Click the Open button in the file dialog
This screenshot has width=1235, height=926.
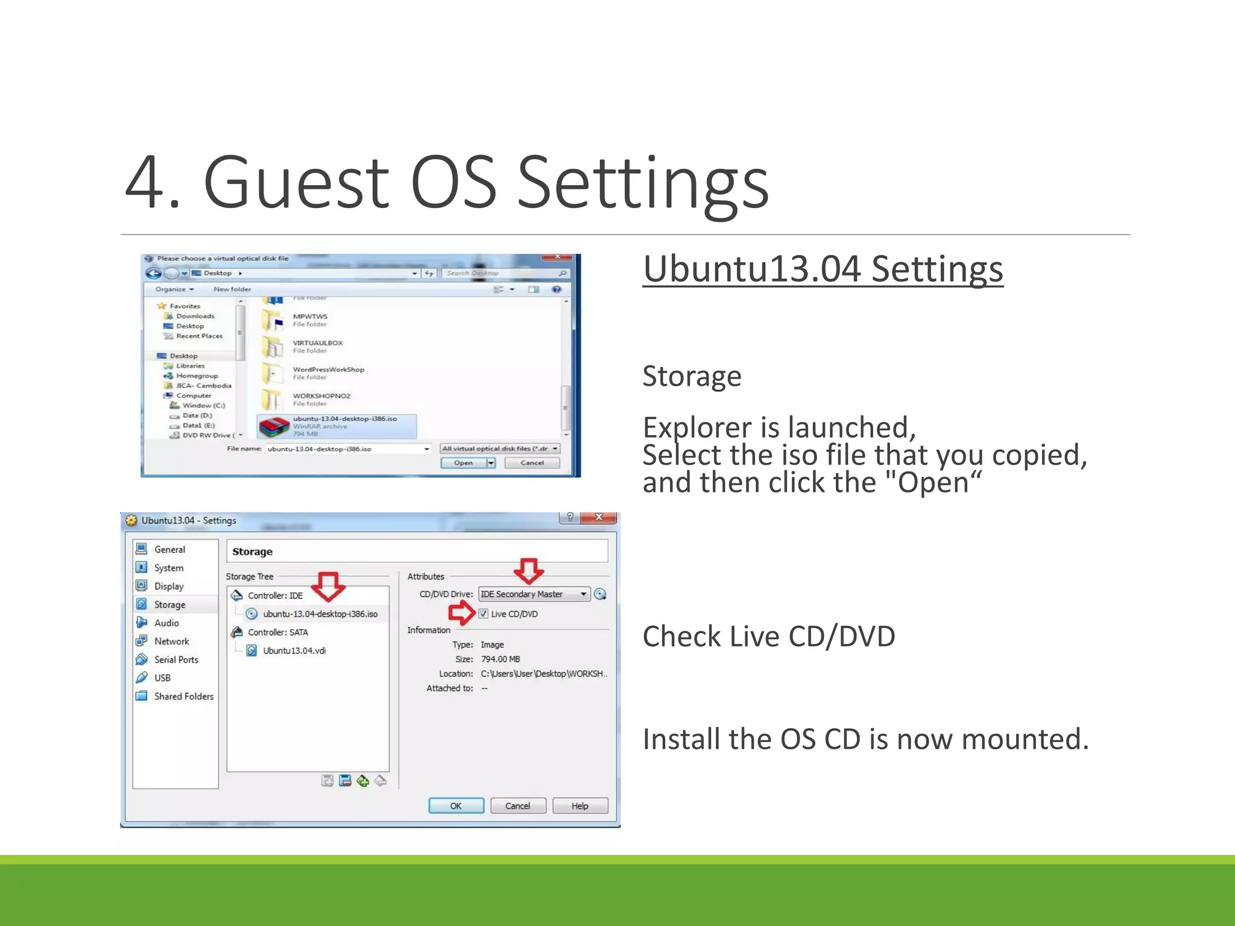[463, 463]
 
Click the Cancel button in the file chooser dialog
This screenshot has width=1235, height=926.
[532, 463]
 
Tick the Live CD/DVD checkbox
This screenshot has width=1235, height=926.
[484, 614]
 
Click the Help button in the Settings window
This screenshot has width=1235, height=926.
[580, 806]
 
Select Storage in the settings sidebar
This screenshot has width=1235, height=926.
[169, 605]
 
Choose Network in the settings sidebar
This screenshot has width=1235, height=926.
[171, 641]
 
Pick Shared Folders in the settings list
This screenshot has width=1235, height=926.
[183, 696]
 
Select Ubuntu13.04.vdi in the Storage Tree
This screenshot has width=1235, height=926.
[294, 650]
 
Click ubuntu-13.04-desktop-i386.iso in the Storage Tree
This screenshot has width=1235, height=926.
[320, 614]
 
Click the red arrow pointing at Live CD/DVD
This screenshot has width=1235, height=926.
[461, 614]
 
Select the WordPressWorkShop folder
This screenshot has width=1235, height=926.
[328, 370]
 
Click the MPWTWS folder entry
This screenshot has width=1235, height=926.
[310, 317]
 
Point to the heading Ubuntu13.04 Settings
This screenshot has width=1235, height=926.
[823, 269]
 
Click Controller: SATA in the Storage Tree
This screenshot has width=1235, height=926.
[277, 632]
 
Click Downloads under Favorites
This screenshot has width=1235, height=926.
[195, 316]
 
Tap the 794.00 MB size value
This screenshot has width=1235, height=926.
[500, 659]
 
